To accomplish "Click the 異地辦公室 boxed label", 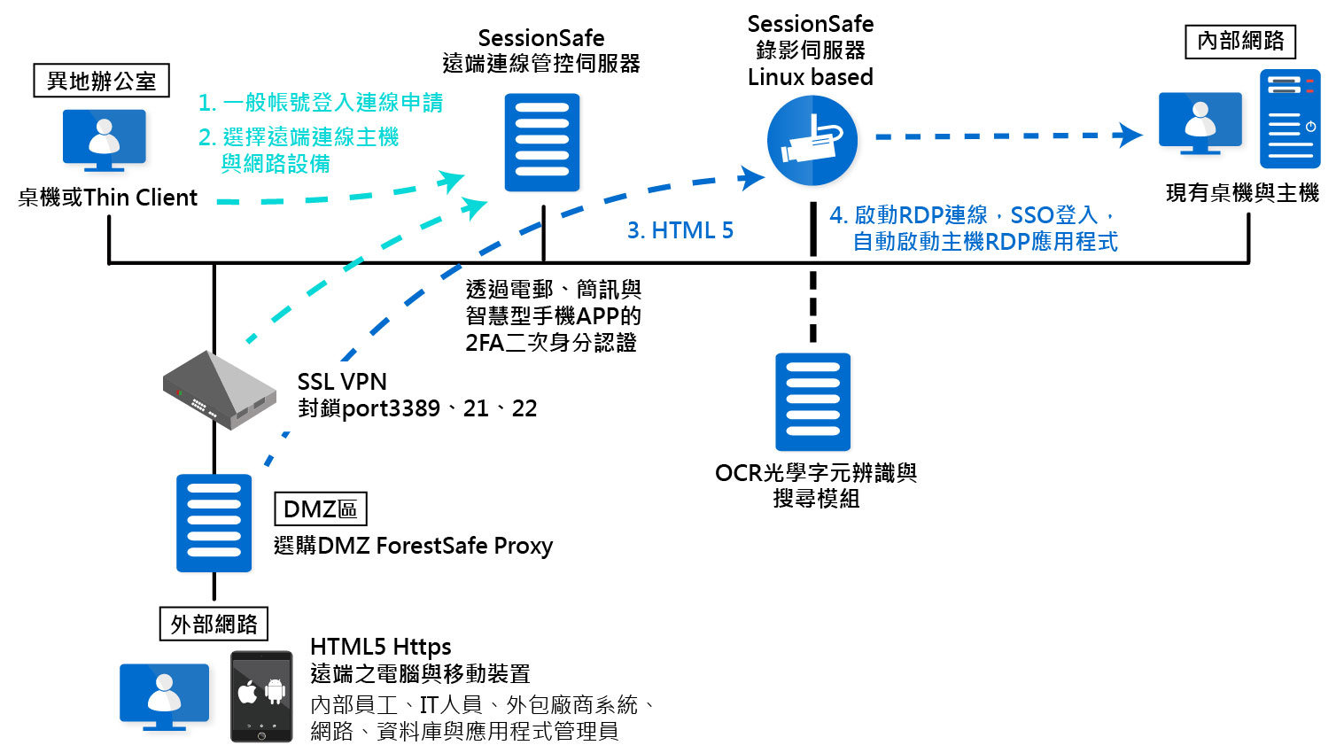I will pyautogui.click(x=101, y=81).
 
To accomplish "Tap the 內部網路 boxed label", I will pyautogui.click(x=1240, y=41).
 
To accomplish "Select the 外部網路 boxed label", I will pyautogui.click(x=214, y=624).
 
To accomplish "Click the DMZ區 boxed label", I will pyautogui.click(x=320, y=509).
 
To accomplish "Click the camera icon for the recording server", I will pyautogui.click(x=812, y=141).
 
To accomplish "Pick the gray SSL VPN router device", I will pyautogui.click(x=219, y=391).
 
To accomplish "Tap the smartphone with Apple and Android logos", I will pyautogui.click(x=261, y=696).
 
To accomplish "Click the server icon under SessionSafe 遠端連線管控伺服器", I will pyautogui.click(x=541, y=143).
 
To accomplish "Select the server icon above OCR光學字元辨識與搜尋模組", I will pyautogui.click(x=812, y=401).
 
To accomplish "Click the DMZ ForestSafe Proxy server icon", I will pyautogui.click(x=214, y=523).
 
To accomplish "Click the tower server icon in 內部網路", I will pyautogui.click(x=1290, y=119).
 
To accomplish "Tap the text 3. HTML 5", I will pyautogui.click(x=680, y=230).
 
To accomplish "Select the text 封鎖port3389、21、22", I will pyautogui.click(x=417, y=408).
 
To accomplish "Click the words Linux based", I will pyautogui.click(x=810, y=77).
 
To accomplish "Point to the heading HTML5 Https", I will pyautogui.click(x=380, y=647).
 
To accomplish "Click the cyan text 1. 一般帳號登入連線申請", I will pyautogui.click(x=321, y=103).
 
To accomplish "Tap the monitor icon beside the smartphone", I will pyautogui.click(x=165, y=696).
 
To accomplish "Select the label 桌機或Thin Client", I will pyautogui.click(x=107, y=198).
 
